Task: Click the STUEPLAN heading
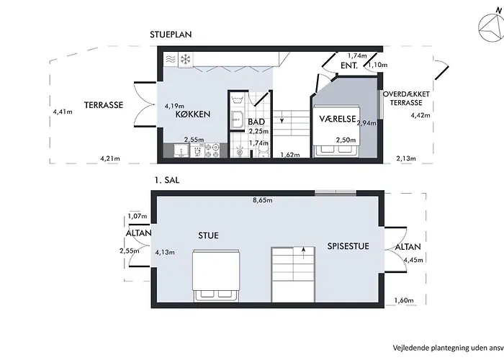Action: pos(171,35)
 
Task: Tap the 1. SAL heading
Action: pos(167,180)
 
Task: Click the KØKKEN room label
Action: pos(193,114)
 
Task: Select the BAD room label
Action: pos(256,122)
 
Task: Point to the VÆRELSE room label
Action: pos(338,119)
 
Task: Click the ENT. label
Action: pos(349,66)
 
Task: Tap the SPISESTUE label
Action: pos(348,246)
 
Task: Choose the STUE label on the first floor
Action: pos(208,235)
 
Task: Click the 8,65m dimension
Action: pos(263,200)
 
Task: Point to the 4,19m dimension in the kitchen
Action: pos(174,106)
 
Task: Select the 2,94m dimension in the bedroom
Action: pos(366,123)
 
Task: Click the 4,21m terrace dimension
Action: pos(110,158)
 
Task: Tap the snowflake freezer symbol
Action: pos(186,59)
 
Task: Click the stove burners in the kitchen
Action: pos(212,150)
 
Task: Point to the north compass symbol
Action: pos(491,29)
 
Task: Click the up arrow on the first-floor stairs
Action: pos(304,253)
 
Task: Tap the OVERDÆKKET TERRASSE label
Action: pos(406,99)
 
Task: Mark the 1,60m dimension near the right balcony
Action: pos(404,300)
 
